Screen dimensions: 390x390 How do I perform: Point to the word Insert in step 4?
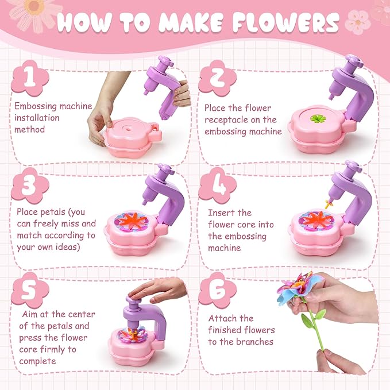[x=221, y=213]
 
